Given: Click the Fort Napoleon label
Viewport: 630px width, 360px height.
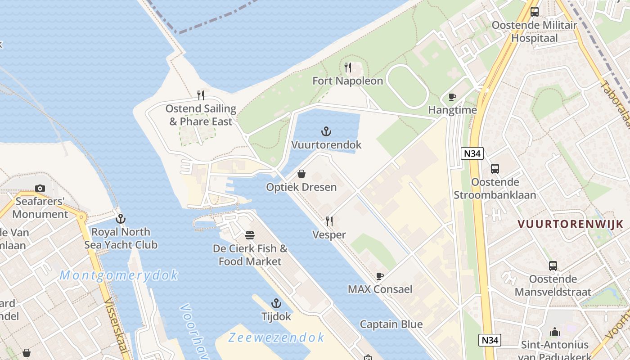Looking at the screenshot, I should point(348,81).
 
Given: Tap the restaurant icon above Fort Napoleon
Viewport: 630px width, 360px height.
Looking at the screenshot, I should point(348,68).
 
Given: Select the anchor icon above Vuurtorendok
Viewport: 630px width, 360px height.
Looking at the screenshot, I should point(326,131).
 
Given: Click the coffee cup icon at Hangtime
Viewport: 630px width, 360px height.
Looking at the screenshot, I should point(452,97).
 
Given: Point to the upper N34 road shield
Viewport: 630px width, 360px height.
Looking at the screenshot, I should point(472,153).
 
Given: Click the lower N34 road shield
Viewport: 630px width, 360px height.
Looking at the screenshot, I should point(490,340).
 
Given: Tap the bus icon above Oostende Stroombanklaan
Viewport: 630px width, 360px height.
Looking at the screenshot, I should point(495,169).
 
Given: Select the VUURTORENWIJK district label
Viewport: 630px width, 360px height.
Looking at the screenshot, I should point(570,224).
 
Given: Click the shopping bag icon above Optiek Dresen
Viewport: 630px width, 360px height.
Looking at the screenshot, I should point(301,174).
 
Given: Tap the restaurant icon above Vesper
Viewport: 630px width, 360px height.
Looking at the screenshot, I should point(329,221).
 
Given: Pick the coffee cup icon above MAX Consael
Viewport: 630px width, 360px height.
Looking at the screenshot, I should point(380,276).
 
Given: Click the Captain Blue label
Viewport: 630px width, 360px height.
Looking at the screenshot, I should point(391,324).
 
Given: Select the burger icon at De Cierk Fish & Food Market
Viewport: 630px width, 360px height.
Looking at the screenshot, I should point(250,235).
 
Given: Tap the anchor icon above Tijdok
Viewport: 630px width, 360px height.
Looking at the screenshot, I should point(276,303).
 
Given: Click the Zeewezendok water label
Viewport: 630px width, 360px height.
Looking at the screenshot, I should point(276,337).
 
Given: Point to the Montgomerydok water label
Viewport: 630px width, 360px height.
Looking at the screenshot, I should point(119,275).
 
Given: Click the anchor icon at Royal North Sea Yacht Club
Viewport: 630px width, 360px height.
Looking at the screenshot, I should point(120,219).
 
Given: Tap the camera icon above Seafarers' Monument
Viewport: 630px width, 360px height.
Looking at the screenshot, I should point(40,188).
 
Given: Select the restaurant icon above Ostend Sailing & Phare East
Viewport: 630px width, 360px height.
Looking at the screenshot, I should point(201,95).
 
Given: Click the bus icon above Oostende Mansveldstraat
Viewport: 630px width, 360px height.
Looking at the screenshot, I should point(553,266).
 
